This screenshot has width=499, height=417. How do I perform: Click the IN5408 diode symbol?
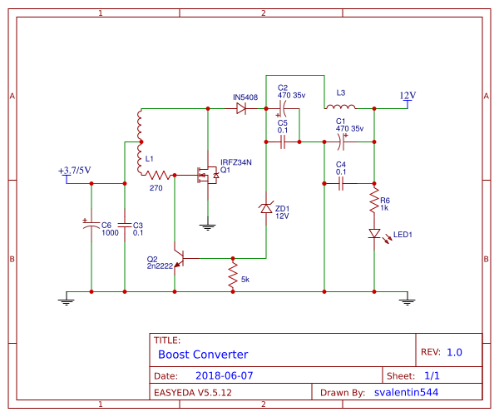coord(241,109)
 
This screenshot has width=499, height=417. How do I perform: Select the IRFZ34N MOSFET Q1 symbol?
coord(204,176)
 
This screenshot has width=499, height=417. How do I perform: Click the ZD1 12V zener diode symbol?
coord(265,208)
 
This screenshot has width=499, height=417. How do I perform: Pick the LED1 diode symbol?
coord(374,234)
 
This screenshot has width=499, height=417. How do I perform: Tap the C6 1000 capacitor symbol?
coord(91,225)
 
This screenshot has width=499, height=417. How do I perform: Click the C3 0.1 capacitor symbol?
coord(124,225)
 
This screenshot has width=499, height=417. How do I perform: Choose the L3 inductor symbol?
coord(340,107)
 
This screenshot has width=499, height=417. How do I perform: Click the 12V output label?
coord(408,96)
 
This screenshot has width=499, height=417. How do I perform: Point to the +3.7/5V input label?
coord(75,171)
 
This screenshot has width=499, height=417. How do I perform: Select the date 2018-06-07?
coord(224,375)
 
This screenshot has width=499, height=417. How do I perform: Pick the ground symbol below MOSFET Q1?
coord(207,225)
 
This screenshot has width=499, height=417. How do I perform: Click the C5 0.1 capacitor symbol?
coord(283,142)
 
